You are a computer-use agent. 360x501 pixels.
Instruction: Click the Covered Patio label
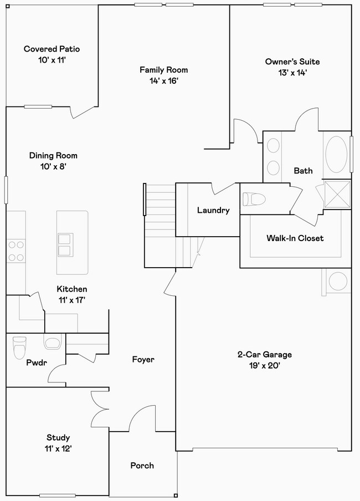coord(52,49)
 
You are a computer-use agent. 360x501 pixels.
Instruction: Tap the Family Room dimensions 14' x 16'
coord(163,80)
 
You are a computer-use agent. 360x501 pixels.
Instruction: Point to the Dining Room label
coord(53,156)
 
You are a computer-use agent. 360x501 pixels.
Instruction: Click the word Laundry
coord(213,210)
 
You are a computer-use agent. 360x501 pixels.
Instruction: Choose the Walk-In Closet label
coord(295,238)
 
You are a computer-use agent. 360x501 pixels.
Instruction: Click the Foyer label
coord(143,360)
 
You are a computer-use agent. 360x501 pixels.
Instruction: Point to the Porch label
coord(142,466)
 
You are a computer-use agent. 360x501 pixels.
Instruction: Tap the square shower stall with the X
coord(337,194)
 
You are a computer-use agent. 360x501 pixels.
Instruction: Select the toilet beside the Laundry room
coord(253,198)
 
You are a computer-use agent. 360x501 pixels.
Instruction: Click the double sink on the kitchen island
coord(64,244)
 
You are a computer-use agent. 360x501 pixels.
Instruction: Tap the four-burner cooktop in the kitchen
coord(16,250)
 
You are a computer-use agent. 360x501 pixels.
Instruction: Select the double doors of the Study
coord(100,409)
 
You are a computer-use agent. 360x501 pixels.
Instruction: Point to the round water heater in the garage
coord(337,282)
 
